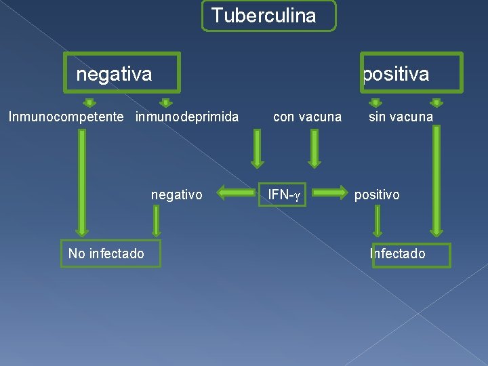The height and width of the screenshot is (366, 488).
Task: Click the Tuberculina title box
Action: coord(268,16)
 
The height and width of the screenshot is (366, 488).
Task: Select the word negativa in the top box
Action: coord(114,73)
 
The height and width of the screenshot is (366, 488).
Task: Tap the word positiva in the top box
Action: coord(396,74)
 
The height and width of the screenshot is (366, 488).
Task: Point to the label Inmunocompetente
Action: coord(66,117)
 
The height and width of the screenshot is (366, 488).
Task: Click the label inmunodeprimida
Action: coord(187,117)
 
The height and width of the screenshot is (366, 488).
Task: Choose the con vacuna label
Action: coord(307,117)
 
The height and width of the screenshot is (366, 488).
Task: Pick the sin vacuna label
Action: coord(401,117)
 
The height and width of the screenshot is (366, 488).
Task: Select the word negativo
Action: coord(176,195)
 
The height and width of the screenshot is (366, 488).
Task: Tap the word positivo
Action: coord(377,195)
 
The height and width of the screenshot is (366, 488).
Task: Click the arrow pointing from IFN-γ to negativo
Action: coord(234,195)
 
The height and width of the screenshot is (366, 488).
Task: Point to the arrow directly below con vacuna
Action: coord(314,148)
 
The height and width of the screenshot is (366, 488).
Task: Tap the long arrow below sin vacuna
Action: coord(436,180)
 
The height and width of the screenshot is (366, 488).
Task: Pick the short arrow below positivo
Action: coord(378,221)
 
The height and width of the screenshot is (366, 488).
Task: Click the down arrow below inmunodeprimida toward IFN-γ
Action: coord(257,148)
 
